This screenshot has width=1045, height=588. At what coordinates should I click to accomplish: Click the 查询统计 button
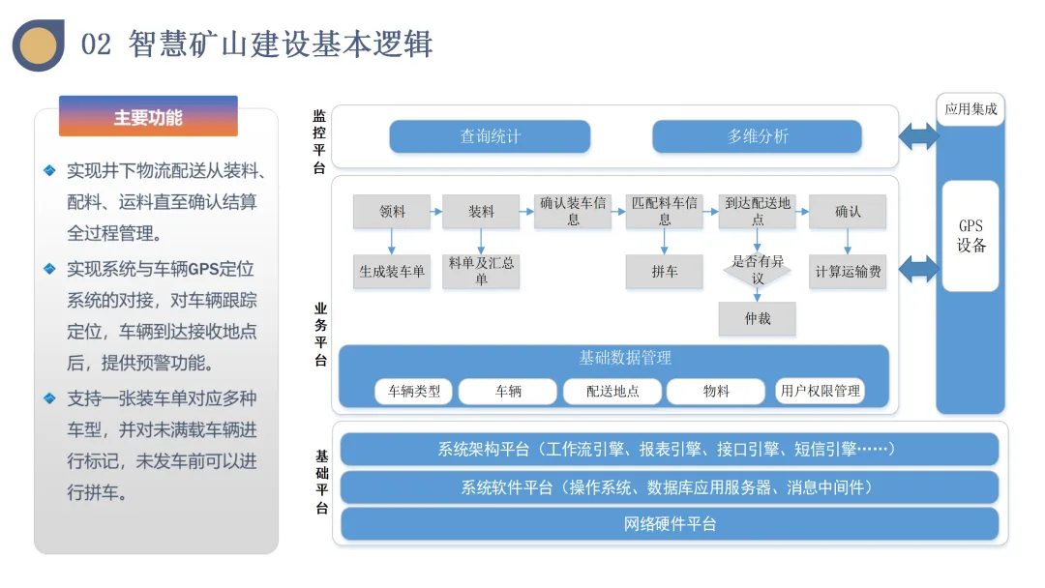coord(490,136)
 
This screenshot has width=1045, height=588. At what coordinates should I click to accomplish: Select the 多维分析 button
coord(757,136)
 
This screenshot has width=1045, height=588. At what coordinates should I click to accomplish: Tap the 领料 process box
coord(392,212)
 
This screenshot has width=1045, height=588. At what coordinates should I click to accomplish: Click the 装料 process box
coord(481,212)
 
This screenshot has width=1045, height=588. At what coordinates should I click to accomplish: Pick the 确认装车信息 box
coord(573,212)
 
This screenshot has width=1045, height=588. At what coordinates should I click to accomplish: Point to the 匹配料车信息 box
coord(664,212)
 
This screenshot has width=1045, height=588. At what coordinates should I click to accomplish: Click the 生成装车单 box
coord(392,272)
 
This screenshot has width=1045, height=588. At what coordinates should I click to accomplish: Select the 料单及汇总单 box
coord(481,272)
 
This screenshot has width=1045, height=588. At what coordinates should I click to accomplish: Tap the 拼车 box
coord(664,272)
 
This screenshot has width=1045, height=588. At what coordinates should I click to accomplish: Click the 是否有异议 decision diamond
coord(758,270)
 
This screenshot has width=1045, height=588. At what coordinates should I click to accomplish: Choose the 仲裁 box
coord(758,318)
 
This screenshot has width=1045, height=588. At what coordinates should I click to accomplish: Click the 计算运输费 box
coord(848,272)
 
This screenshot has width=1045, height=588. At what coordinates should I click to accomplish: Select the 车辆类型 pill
coord(414,392)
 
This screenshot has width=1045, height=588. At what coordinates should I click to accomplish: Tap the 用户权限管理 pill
coord(820,392)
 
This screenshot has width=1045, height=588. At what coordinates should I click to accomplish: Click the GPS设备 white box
coord(970,236)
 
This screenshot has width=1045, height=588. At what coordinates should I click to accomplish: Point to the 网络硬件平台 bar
coord(670,524)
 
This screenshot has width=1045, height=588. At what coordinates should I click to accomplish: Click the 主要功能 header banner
coord(148,117)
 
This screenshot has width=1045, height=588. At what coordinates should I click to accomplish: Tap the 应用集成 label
coord(970,109)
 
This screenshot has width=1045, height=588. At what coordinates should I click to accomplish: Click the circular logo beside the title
coord(39,45)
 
